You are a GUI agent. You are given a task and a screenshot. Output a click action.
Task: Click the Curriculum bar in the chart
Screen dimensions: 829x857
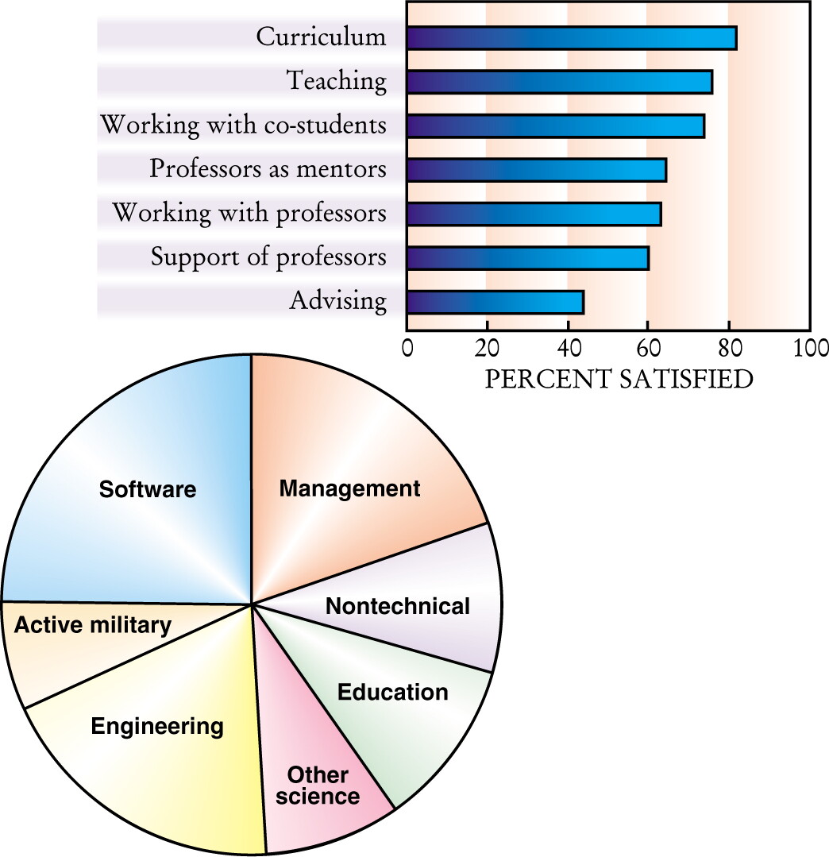(x=572, y=37)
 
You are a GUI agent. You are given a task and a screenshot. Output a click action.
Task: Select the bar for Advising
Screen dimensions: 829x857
(x=495, y=303)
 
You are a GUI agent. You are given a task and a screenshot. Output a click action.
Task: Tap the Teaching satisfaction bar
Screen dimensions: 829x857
(x=560, y=82)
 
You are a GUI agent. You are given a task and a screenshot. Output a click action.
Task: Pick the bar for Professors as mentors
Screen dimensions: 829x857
(x=537, y=170)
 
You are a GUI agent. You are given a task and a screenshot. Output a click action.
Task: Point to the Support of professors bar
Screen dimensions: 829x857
(x=528, y=258)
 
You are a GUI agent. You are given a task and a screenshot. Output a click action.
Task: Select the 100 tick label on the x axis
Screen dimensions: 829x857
(x=811, y=349)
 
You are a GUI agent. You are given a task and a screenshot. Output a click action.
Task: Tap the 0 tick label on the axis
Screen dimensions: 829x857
(x=407, y=349)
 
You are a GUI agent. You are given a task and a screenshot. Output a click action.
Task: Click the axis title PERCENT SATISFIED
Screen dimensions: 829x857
(x=619, y=380)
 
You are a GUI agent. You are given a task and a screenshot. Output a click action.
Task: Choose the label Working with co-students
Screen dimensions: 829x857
(x=244, y=125)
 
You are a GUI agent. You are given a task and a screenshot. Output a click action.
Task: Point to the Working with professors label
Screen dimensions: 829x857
(x=249, y=213)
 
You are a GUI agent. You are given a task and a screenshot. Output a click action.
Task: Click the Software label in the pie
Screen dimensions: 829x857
(x=148, y=489)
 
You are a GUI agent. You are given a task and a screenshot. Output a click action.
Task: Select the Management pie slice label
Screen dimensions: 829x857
(x=349, y=488)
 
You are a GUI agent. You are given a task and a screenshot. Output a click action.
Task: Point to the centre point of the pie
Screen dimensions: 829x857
(x=252, y=604)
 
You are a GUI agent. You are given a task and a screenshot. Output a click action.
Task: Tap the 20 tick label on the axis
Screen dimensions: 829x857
(x=487, y=349)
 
